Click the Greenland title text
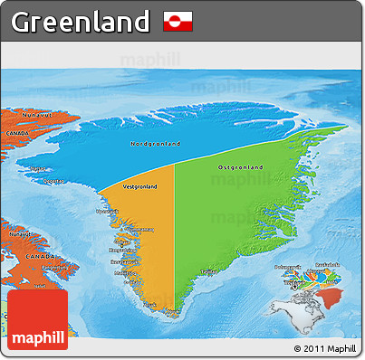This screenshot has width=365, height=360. click(80, 20)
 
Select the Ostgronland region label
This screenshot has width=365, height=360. click(241, 167)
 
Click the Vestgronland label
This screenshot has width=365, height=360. click(139, 186)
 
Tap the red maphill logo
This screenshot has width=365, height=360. click(36, 320)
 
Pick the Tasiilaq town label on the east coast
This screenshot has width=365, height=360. click(207, 270)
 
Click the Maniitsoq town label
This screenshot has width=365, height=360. click(124, 271)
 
